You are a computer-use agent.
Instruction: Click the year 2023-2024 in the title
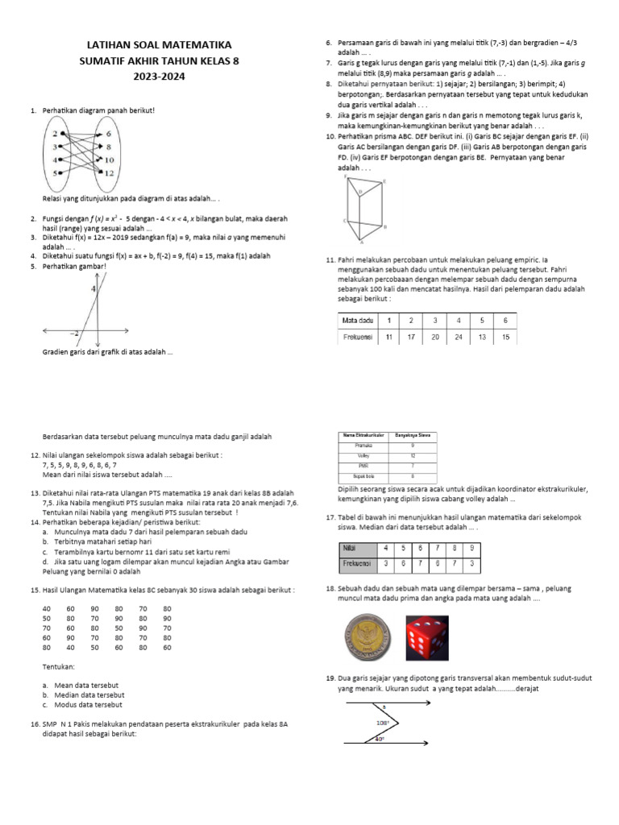pyautogui.click(x=164, y=77)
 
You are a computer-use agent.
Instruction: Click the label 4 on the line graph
pyautogui.click(x=93, y=288)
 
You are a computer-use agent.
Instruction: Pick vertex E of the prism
pyautogui.click(x=385, y=183)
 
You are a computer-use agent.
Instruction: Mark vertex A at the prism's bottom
pyautogui.click(x=360, y=242)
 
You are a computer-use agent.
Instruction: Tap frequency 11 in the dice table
pyautogui.click(x=388, y=337)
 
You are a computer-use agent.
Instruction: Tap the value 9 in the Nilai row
pyautogui.click(x=493, y=547)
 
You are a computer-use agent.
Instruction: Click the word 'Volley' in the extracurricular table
pyautogui.click(x=363, y=456)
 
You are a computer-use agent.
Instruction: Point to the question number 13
pyautogui.click(x=33, y=492)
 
